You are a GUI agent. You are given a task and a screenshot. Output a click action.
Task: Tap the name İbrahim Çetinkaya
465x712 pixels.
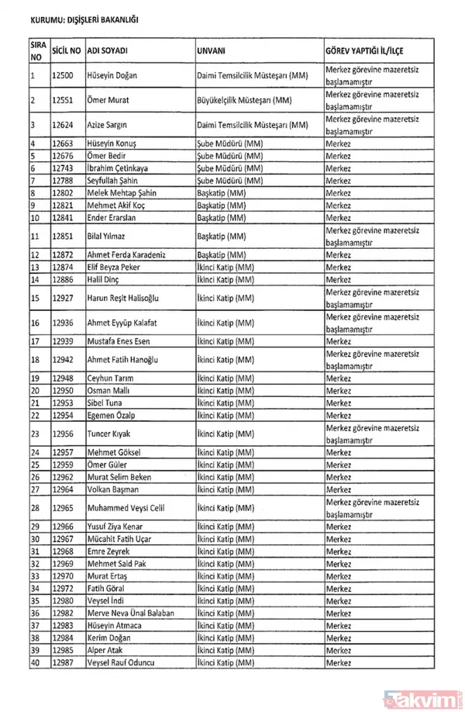point(109,168)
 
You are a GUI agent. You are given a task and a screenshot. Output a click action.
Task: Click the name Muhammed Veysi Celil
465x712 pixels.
point(119,508)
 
